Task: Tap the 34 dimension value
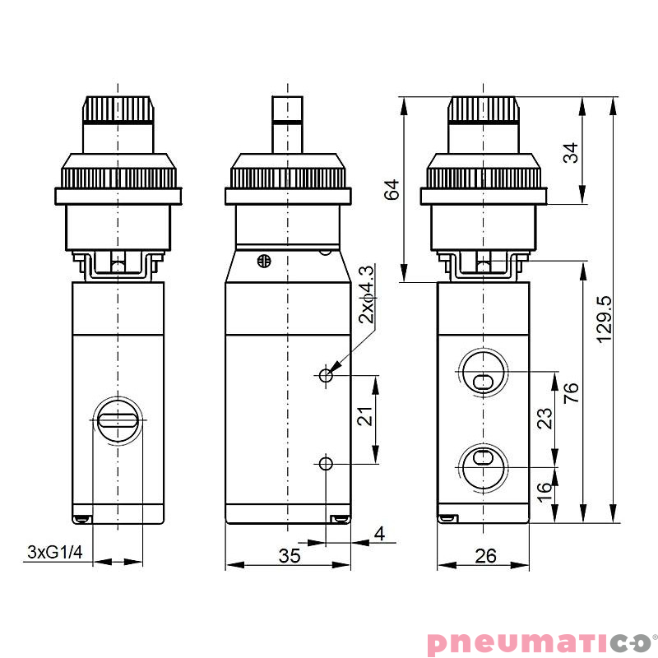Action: [572, 152]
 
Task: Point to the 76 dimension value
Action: [572, 393]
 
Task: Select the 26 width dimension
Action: [485, 556]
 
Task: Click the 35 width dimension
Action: [289, 556]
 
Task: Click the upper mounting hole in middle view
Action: [327, 375]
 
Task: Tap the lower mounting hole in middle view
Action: [327, 464]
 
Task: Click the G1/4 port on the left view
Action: [118, 420]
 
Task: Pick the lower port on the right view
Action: [482, 464]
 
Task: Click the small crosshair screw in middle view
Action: [264, 262]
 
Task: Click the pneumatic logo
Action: [538, 642]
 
